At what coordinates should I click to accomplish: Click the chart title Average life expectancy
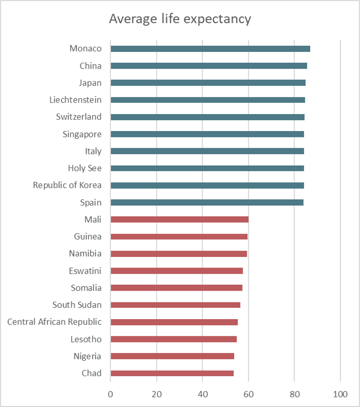click(180, 19)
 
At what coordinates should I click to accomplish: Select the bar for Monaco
click(210, 49)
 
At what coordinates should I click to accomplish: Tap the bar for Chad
click(172, 373)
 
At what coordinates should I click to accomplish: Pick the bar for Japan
click(208, 83)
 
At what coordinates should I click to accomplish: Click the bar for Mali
click(179, 219)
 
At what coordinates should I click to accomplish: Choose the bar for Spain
click(207, 203)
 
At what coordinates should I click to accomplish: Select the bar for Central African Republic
click(174, 322)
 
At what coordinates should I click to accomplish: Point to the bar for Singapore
click(207, 134)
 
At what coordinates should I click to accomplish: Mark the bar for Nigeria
click(172, 356)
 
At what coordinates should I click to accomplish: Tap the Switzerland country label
click(79, 117)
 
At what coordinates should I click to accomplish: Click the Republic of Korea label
click(67, 185)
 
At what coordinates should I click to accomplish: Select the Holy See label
click(85, 168)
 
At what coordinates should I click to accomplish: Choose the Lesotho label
click(87, 339)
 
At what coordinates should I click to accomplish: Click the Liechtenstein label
click(75, 100)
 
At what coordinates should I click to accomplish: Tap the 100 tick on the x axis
click(340, 394)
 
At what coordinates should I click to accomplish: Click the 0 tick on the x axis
click(110, 394)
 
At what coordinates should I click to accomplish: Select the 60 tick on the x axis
click(248, 394)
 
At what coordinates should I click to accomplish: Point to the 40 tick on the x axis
click(202, 394)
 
